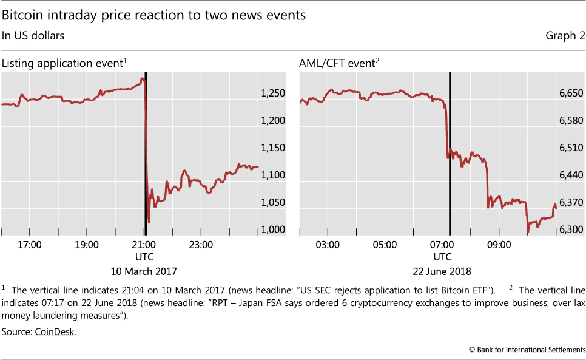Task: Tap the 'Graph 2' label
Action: (x=565, y=36)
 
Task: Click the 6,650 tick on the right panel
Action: (x=571, y=93)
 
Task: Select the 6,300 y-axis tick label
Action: (x=571, y=229)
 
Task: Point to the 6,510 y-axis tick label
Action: (x=571, y=148)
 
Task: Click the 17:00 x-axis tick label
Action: (x=30, y=245)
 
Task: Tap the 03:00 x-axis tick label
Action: (x=328, y=245)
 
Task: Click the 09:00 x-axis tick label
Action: (x=500, y=245)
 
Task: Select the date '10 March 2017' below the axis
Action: (x=144, y=271)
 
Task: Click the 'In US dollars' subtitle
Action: (x=33, y=36)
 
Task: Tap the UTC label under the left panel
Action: (x=144, y=257)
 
